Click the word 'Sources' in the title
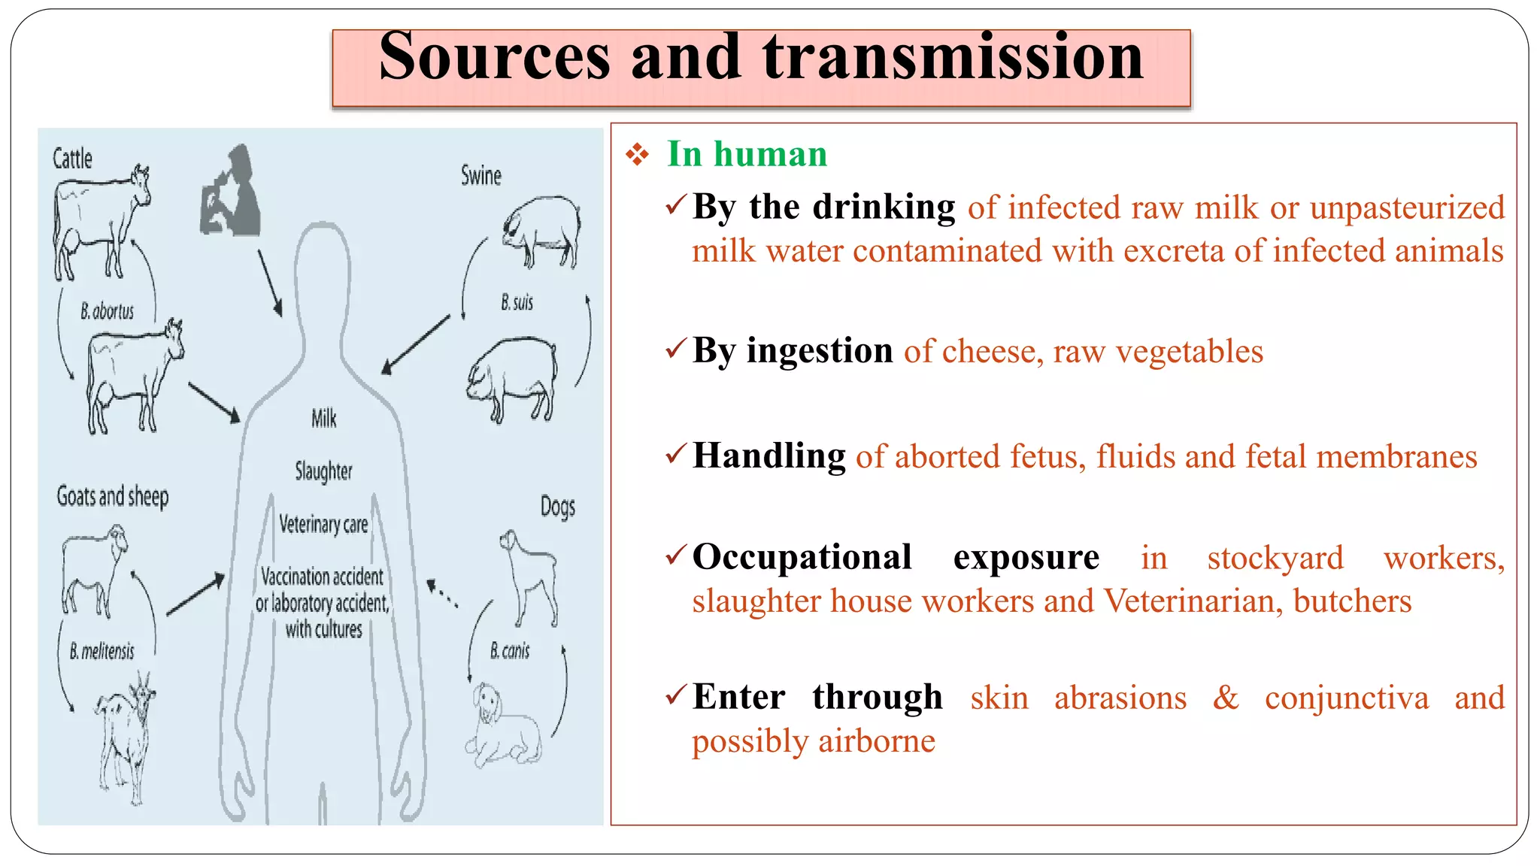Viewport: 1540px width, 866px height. pyautogui.click(x=494, y=57)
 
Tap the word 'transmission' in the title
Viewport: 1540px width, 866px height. pyautogui.click(x=953, y=57)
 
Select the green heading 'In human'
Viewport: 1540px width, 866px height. pyautogui.click(x=747, y=154)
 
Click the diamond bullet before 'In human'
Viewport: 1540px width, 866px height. pyautogui.click(x=637, y=155)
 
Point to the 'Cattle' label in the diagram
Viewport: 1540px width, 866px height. pyautogui.click(x=72, y=159)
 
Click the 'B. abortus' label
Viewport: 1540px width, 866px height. pyautogui.click(x=108, y=311)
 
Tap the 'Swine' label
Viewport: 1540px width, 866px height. pyautogui.click(x=480, y=176)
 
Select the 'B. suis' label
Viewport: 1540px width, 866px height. pyautogui.click(x=517, y=302)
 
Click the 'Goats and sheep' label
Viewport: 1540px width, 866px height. pyautogui.click(x=113, y=496)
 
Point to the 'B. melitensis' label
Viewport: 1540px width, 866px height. pyautogui.click(x=102, y=651)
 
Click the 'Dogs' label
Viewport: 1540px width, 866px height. pyautogui.click(x=558, y=507)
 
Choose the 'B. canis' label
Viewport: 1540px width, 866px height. pyautogui.click(x=510, y=651)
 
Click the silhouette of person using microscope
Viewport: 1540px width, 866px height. pyautogui.click(x=232, y=192)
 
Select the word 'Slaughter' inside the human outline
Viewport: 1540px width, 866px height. pyautogui.click(x=323, y=471)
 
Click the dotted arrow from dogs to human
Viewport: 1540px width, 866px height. pyautogui.click(x=442, y=592)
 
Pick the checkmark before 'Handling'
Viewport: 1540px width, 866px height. pyautogui.click(x=676, y=454)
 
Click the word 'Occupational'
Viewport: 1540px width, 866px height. pyautogui.click(x=802, y=557)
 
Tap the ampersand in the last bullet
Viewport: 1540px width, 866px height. pyautogui.click(x=1226, y=698)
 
